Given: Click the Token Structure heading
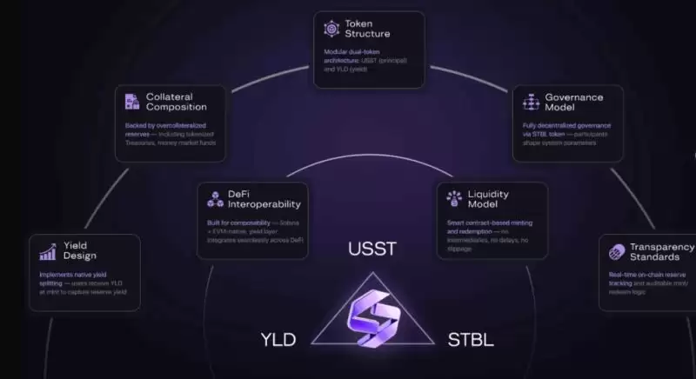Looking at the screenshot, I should (x=367, y=29).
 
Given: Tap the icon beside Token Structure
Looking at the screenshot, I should (x=331, y=29).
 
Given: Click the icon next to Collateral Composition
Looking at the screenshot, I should (x=132, y=101).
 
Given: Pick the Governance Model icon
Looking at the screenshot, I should (x=531, y=103).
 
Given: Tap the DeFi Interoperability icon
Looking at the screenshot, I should (x=215, y=199).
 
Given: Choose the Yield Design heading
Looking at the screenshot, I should (x=79, y=250).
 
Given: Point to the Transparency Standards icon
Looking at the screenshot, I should (x=617, y=252).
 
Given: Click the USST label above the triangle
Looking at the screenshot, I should (x=371, y=249).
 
